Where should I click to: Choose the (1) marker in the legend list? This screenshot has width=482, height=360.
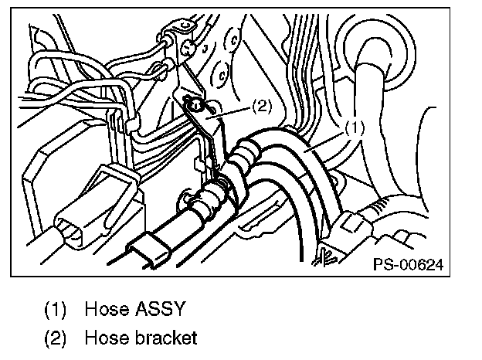point(56,311)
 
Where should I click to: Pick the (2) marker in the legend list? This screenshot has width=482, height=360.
point(56,338)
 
